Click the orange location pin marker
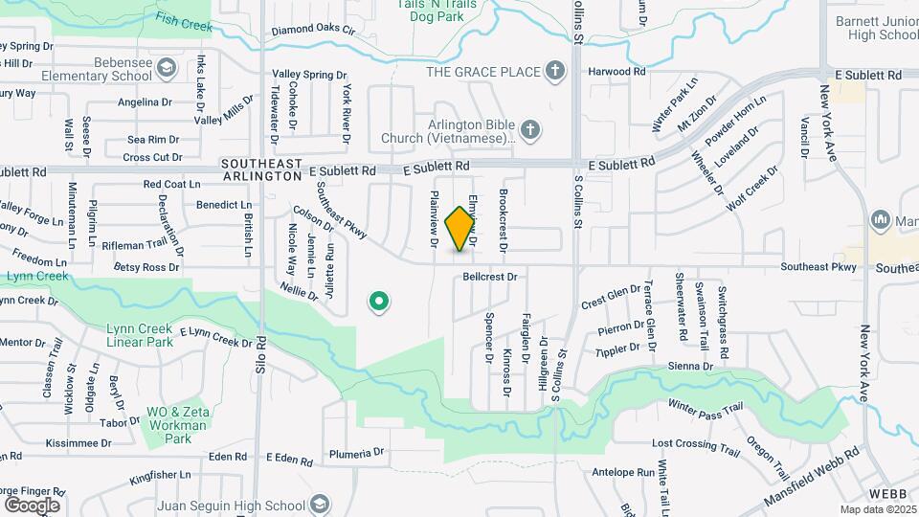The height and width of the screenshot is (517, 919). click(x=461, y=228)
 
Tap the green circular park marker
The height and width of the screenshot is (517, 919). click(x=379, y=303)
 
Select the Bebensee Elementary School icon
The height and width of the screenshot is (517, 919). click(x=167, y=67)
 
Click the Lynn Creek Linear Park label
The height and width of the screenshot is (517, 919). click(x=140, y=335)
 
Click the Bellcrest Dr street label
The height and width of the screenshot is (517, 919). click(x=489, y=277)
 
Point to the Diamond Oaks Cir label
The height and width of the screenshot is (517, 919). click(x=313, y=32)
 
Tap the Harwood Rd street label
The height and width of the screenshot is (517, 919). click(x=617, y=72)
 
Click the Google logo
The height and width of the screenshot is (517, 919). click(x=32, y=505)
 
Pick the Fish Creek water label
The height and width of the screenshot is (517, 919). click(x=184, y=22)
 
